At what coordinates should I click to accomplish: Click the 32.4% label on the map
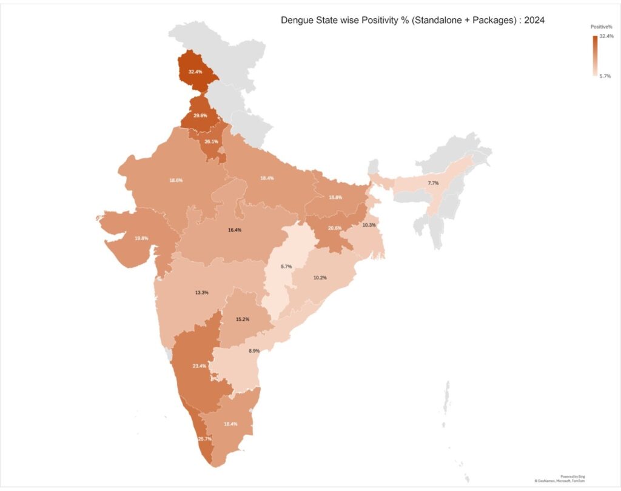(x=195, y=72)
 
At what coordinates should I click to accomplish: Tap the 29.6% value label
(x=200, y=115)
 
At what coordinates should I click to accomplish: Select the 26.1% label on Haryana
(x=211, y=141)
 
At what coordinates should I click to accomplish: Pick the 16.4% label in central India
(x=235, y=230)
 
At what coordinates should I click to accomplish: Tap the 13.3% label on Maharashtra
(x=202, y=292)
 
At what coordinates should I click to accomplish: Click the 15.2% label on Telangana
(x=243, y=319)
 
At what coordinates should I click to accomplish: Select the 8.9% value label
(x=254, y=350)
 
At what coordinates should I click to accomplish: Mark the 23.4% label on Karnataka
(x=199, y=366)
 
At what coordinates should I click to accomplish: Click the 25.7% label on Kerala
(x=205, y=438)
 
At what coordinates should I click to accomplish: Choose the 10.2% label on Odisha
(x=320, y=277)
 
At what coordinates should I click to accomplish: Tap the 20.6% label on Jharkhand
(x=335, y=228)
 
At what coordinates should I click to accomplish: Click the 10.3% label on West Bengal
(x=369, y=225)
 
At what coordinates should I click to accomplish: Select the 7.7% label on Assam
(x=433, y=182)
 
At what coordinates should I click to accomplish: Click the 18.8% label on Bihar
(x=335, y=198)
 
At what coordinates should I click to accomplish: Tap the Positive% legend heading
(x=602, y=27)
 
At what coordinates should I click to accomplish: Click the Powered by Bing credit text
(x=572, y=476)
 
